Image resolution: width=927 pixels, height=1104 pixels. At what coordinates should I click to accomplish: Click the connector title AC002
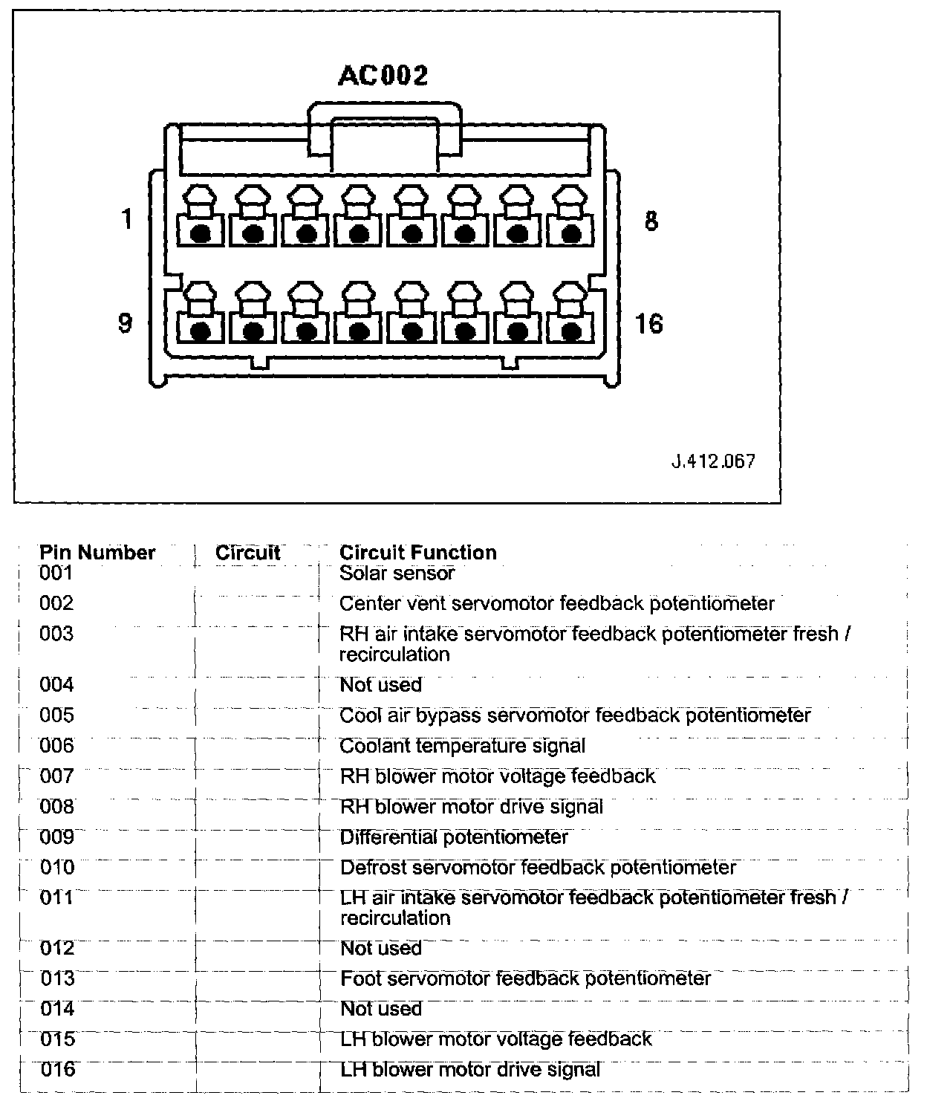383,76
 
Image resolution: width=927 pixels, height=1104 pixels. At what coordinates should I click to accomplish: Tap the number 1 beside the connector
127,220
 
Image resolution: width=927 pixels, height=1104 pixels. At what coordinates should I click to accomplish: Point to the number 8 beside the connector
651,221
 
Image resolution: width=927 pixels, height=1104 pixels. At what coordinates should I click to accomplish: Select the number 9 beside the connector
126,324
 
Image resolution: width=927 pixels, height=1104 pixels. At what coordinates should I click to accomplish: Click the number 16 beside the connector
649,324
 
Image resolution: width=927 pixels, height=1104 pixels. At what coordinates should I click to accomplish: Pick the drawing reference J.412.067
713,461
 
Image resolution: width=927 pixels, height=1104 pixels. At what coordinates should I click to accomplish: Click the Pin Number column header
97,553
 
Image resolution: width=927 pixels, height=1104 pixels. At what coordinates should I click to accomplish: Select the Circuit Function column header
417,553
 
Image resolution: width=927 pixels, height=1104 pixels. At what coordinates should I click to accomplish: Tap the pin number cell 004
56,684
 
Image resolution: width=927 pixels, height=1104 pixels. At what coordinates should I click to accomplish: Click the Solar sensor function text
397,573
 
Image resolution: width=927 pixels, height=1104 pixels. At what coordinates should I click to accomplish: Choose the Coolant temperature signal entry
462,746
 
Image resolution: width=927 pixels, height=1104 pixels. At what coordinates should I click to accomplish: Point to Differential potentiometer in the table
454,837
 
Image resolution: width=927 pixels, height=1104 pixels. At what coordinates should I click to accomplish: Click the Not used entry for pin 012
381,948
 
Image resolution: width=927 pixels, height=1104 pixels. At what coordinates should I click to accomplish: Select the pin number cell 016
57,1069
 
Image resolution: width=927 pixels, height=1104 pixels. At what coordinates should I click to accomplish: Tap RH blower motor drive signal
471,807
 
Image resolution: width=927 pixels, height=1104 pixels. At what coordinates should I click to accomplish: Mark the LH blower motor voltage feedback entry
495,1039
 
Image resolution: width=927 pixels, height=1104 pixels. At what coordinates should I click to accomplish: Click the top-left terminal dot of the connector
200,234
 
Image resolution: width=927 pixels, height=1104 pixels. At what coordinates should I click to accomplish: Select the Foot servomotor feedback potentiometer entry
525,978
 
